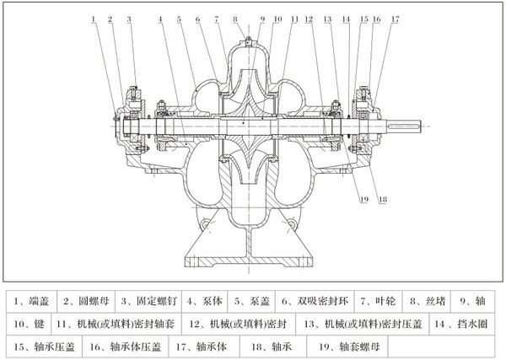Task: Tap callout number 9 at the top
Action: coord(261,18)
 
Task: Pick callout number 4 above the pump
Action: coord(159,18)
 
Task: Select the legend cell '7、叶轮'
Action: coord(377,299)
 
